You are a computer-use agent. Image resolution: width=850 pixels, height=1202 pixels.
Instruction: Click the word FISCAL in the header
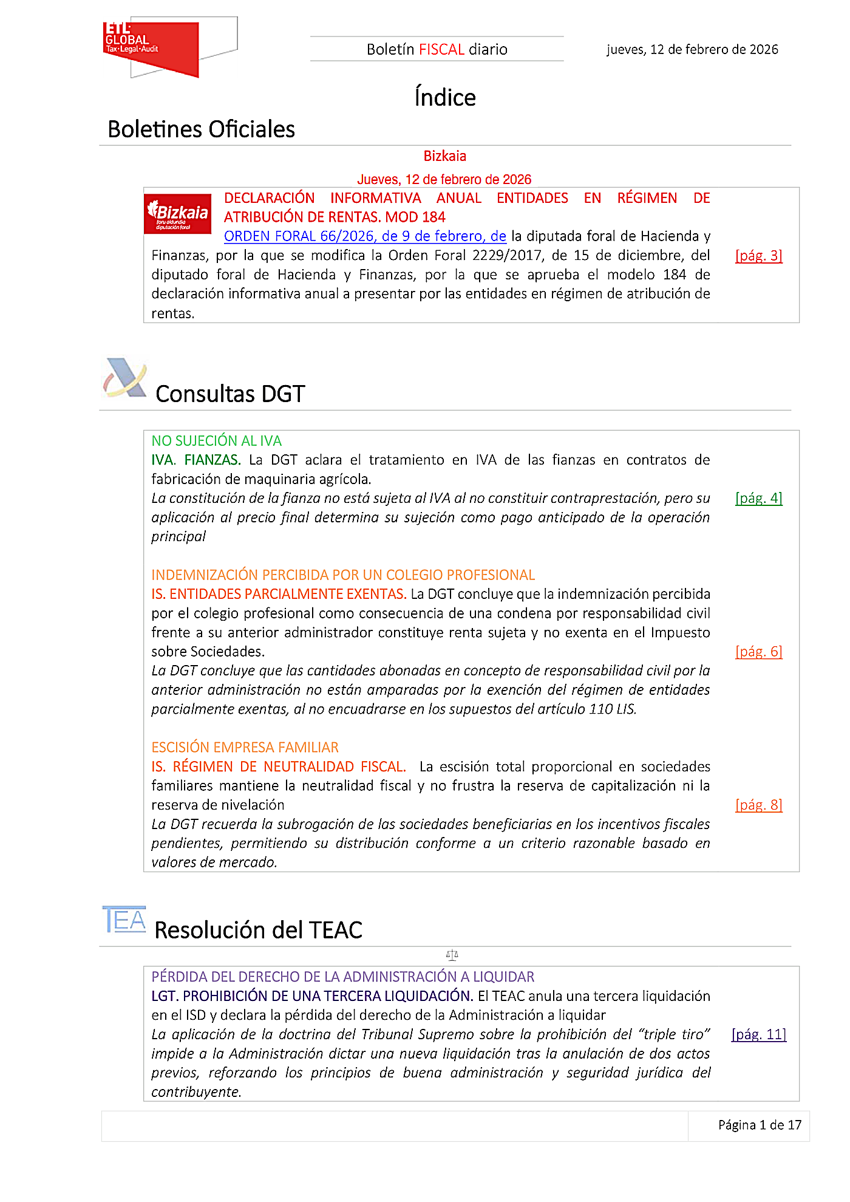click(x=441, y=49)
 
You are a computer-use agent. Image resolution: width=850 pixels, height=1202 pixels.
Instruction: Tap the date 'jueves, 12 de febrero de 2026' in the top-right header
click(x=692, y=49)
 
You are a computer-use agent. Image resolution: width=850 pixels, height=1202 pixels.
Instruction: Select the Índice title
click(x=445, y=98)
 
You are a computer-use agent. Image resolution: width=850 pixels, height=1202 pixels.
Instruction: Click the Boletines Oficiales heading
click(x=201, y=129)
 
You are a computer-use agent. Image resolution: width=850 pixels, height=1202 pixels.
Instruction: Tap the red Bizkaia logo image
click(x=178, y=214)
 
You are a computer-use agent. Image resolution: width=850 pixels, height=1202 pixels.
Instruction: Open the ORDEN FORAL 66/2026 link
click(x=365, y=236)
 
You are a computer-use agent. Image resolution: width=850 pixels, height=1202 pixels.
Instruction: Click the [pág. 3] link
click(x=758, y=256)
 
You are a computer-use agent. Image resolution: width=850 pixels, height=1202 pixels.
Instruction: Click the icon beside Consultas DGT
click(x=125, y=378)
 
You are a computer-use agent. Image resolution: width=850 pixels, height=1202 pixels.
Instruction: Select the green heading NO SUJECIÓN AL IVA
click(x=216, y=441)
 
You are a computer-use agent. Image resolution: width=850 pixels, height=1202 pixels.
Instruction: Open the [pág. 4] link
click(x=758, y=498)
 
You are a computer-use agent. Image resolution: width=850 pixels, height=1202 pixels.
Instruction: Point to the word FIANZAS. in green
click(x=212, y=460)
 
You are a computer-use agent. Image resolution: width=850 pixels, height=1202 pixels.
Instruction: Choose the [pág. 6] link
click(x=758, y=652)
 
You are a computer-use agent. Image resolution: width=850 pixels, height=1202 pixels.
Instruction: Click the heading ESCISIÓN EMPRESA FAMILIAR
click(x=245, y=748)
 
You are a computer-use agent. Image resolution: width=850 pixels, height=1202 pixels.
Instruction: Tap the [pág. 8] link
click(x=758, y=805)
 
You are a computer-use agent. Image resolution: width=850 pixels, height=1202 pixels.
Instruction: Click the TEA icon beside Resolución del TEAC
click(x=124, y=920)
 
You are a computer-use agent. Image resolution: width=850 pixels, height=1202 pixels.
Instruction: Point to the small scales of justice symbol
click(x=452, y=955)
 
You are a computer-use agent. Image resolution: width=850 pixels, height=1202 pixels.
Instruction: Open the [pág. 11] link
click(x=758, y=1034)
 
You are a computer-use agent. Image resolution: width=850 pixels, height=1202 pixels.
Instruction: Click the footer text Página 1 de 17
click(x=760, y=1125)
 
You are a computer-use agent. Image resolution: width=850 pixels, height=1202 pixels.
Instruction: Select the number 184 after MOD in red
click(x=433, y=217)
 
